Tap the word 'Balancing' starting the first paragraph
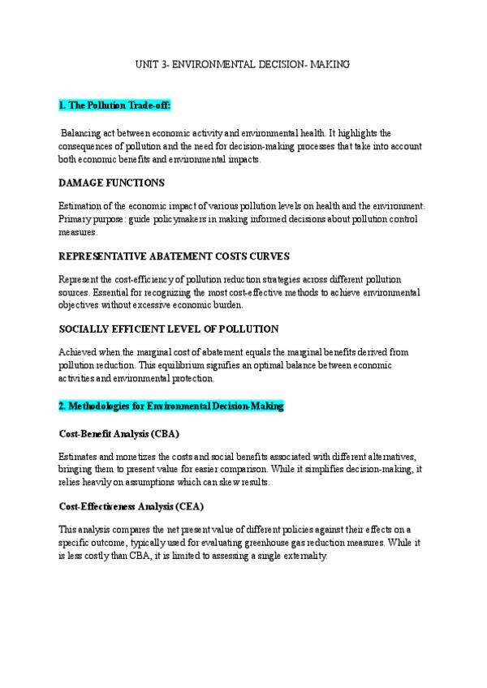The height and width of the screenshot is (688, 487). [81, 132]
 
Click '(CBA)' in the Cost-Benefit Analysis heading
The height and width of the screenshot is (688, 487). [164, 432]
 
